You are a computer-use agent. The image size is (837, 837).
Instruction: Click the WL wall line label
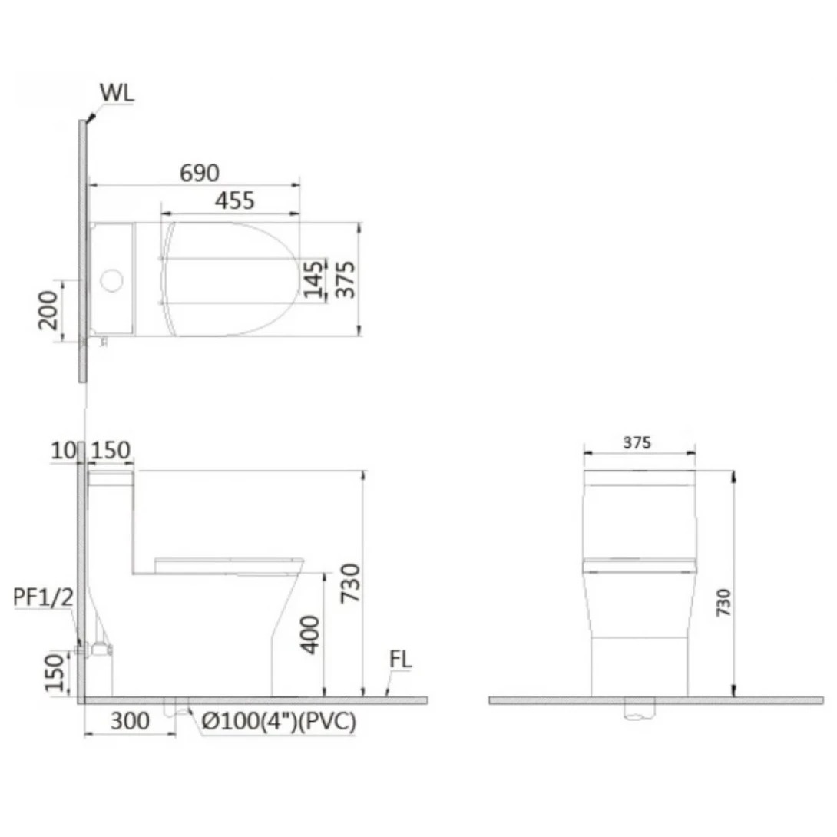click(117, 94)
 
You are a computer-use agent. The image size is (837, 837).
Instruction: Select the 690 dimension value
click(200, 174)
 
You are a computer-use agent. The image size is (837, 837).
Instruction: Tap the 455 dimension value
click(234, 201)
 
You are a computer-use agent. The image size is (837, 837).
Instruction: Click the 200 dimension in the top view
click(48, 309)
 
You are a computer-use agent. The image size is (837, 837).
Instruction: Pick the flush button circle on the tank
click(112, 280)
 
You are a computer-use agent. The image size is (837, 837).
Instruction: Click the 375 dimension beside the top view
click(345, 279)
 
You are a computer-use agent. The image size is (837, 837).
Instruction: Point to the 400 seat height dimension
click(309, 634)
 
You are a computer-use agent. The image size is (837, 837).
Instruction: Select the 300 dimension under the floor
click(130, 721)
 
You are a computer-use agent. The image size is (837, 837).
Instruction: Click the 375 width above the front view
click(637, 443)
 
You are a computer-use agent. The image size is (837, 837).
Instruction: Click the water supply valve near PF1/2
click(100, 649)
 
